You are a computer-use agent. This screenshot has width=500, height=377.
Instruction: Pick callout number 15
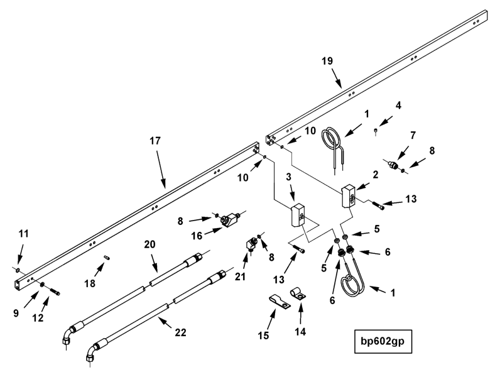(264, 335)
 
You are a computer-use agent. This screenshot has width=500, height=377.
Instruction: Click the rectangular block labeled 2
(349, 195)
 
